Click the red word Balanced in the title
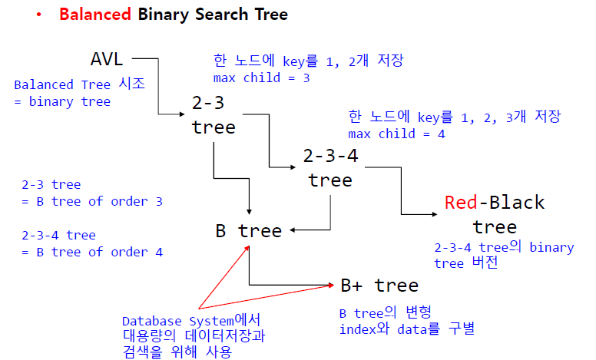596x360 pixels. coord(95,15)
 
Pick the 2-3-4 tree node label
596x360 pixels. coord(330,167)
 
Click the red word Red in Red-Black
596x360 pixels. coord(461,203)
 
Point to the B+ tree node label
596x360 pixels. coord(379,286)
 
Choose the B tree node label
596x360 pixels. coord(248,230)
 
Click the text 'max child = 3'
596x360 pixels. coord(261,78)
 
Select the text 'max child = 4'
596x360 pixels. coord(396,134)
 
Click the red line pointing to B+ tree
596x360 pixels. coord(269,296)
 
